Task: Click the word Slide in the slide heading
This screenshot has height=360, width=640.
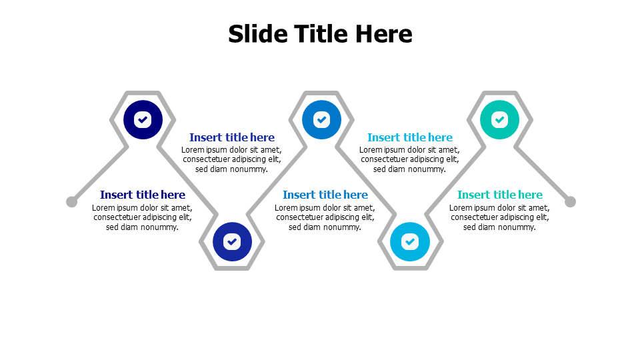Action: coord(259,33)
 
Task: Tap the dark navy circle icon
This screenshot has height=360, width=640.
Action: coord(143,119)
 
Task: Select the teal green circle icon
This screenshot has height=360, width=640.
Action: coord(499,119)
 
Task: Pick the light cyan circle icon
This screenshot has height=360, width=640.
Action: coord(410,241)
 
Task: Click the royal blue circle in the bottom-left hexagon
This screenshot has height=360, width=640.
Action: coord(232,241)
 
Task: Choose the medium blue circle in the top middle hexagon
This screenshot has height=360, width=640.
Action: coord(321,119)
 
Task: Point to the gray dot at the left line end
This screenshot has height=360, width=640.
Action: coord(71,201)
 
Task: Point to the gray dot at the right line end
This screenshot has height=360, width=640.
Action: coord(570,201)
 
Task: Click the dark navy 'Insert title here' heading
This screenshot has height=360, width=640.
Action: coord(143,195)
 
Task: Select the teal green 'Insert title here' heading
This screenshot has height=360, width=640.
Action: coord(499,195)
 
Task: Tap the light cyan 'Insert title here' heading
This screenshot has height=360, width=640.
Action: coord(410,137)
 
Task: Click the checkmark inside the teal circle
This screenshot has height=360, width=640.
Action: coord(499,119)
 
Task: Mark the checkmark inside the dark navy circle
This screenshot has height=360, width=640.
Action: coord(143,119)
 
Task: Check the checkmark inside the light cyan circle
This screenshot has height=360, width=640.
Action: coord(410,241)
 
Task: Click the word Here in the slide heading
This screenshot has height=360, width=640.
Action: coord(384,33)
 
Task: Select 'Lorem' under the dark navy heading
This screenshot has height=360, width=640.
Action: coord(103,208)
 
